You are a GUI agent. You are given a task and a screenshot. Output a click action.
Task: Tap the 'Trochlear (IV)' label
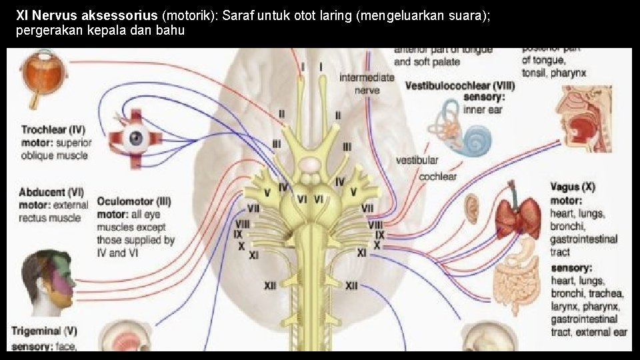point(53,129)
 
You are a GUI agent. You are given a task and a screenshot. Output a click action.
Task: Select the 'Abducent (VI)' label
point(51,193)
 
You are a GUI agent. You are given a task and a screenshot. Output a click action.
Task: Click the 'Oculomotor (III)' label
point(134,201)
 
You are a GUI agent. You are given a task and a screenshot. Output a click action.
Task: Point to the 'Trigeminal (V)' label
point(44,331)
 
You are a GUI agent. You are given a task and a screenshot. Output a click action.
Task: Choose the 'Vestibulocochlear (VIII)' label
point(459,86)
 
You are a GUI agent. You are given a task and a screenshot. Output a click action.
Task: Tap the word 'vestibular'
point(417,160)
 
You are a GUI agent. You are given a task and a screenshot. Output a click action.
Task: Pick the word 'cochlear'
point(437,177)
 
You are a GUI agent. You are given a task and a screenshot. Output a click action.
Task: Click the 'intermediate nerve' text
point(367,83)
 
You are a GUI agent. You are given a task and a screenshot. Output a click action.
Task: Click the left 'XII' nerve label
point(269,285)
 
